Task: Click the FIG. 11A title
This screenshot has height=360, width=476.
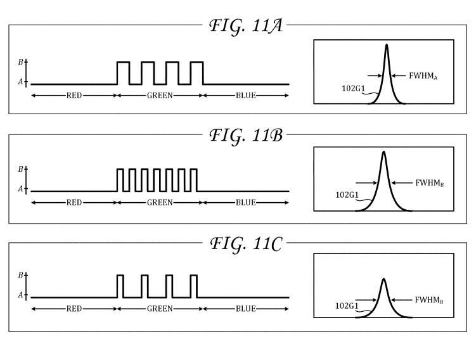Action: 246,26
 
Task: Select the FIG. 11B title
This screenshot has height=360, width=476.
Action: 246,136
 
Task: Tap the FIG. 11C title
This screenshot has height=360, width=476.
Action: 246,244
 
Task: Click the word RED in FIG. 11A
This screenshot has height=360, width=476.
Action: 74,96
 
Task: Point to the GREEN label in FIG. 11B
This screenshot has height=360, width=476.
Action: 160,202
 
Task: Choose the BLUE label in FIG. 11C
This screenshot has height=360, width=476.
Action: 245,309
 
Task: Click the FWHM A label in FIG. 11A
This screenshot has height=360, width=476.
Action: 423,76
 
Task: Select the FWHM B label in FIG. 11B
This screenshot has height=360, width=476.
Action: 430,183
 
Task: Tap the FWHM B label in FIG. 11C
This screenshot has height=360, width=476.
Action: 429,300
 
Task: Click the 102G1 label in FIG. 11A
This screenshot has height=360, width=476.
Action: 354,88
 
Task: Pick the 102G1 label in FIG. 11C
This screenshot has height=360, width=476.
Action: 347,305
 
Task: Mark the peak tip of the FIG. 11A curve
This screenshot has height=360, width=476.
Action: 387,44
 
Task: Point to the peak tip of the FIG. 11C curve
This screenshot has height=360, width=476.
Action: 383,279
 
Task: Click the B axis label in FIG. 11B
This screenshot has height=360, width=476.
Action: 20,169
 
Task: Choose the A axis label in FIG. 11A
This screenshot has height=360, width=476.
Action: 20,82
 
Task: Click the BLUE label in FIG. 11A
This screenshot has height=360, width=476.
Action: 245,96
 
